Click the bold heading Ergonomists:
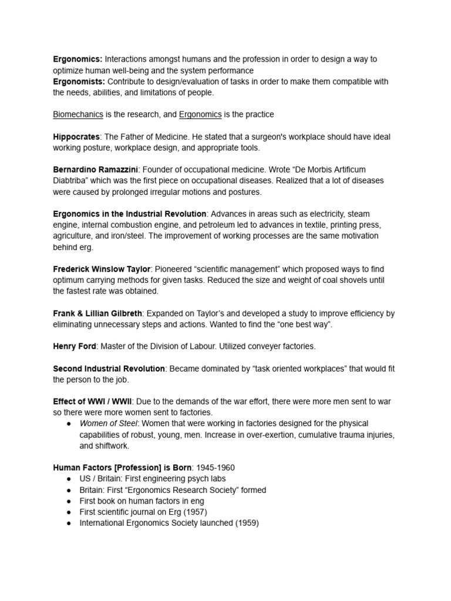(x=79, y=82)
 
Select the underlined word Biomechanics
(x=78, y=114)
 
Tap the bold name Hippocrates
(x=76, y=137)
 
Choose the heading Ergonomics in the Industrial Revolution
(x=129, y=214)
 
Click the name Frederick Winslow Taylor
(x=102, y=269)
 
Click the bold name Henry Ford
(x=75, y=346)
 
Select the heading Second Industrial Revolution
(x=109, y=369)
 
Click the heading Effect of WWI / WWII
(x=93, y=401)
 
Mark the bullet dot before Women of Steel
(x=69, y=424)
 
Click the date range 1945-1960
(x=216, y=468)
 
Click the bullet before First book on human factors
(x=69, y=501)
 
